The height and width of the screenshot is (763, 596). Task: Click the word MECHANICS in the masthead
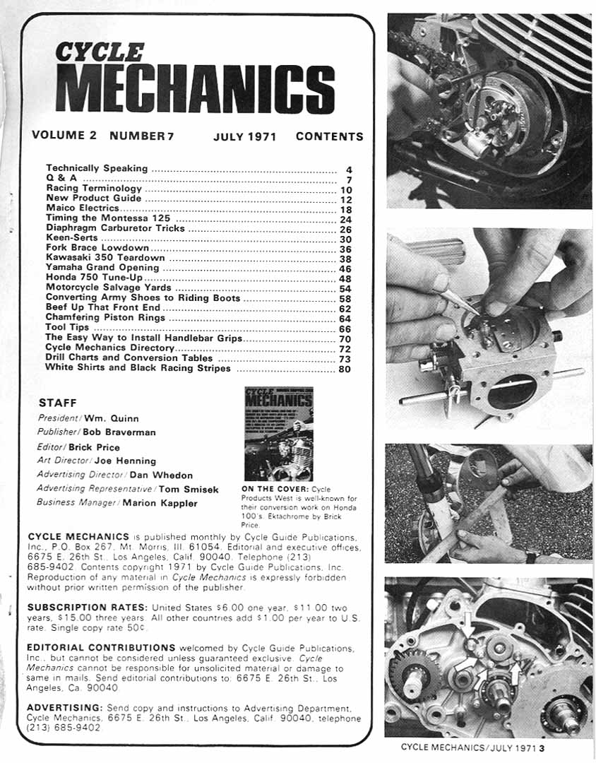click(x=194, y=90)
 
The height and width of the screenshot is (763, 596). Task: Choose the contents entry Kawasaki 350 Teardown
click(x=102, y=258)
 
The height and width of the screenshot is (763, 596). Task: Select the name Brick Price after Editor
click(x=94, y=446)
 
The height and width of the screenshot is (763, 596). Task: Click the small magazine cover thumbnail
click(x=278, y=433)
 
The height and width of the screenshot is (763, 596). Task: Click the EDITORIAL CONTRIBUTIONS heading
click(x=101, y=646)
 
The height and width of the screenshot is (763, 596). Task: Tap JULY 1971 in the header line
click(x=244, y=136)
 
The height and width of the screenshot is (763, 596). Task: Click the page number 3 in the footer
click(x=540, y=747)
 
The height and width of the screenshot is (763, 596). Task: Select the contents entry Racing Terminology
click(x=94, y=189)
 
